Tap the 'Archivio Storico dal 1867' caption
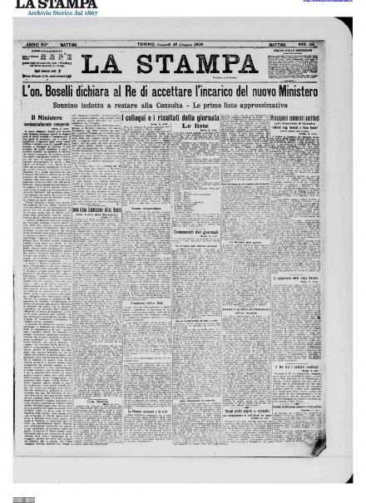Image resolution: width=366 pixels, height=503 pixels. pos(62,13)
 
